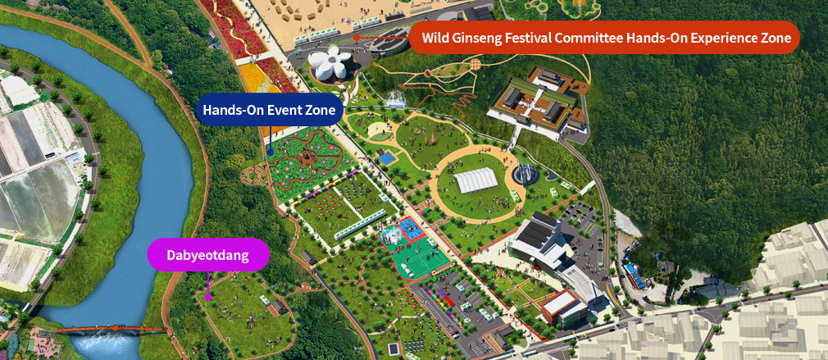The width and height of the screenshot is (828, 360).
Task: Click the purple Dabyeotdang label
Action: (208, 254)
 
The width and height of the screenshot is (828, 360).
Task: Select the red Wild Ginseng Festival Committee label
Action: (604, 37)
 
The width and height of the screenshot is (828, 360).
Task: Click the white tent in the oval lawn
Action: (475, 180)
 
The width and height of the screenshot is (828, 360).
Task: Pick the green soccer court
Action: (420, 259)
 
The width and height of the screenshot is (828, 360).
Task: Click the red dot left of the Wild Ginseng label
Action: (357, 37)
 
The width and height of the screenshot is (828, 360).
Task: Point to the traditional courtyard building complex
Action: (539, 102)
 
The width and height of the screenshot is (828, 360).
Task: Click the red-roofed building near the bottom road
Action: (565, 307)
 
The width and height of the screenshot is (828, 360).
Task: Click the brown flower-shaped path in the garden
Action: (307, 157)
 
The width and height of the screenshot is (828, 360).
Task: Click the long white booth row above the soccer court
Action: (360, 224)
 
